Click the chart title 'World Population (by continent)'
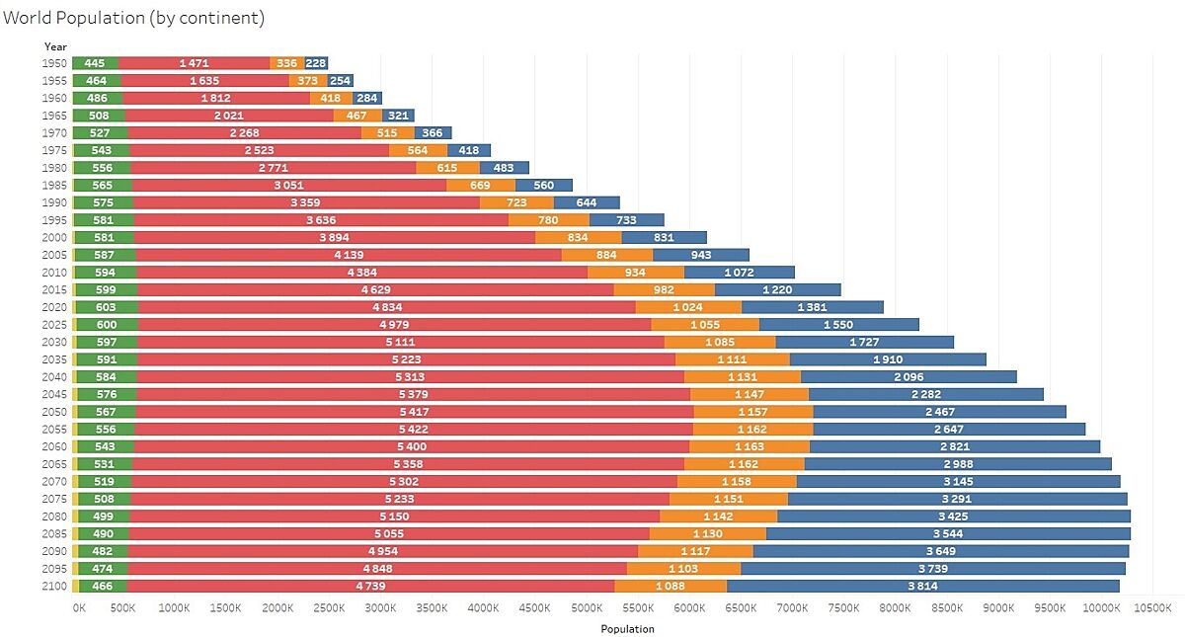[133, 18]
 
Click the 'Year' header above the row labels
[55, 46]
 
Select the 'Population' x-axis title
[627, 628]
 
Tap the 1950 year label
[55, 63]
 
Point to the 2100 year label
[55, 586]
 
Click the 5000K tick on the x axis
[587, 607]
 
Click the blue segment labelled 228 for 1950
[316, 63]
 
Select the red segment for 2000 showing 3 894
[334, 237]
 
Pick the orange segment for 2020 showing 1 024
[687, 307]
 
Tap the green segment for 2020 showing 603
[106, 307]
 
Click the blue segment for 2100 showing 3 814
[922, 586]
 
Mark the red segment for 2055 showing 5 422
[414, 429]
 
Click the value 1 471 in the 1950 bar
[195, 63]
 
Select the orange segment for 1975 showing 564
[418, 150]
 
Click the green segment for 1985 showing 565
[104, 185]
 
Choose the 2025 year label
[55, 324]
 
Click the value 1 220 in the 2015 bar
[777, 289]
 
